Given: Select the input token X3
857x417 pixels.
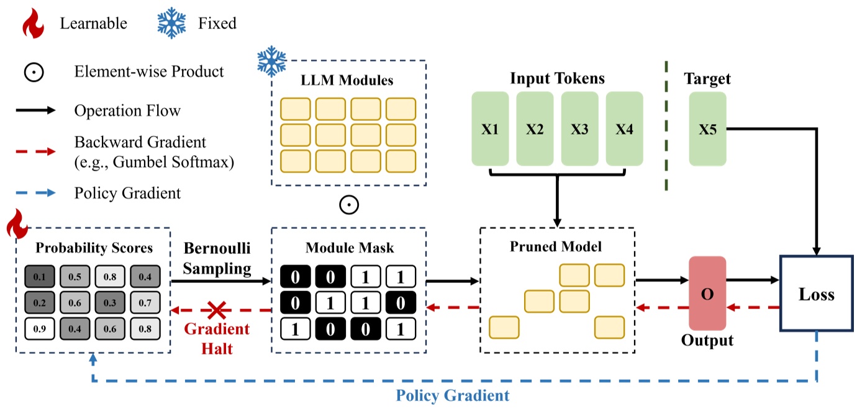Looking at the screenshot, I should point(579,129).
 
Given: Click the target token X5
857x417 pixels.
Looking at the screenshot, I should point(707,129).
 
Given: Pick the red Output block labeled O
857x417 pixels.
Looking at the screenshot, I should point(707,294).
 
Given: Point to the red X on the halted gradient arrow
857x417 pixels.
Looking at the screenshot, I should point(216,309).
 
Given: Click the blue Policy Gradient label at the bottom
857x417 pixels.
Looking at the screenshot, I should point(453,395).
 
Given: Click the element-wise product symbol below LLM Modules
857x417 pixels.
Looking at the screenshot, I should point(349,204).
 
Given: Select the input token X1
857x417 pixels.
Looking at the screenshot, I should point(490,129).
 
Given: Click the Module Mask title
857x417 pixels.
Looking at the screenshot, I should point(350,248).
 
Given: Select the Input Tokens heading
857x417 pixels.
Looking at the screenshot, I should point(557,78).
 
